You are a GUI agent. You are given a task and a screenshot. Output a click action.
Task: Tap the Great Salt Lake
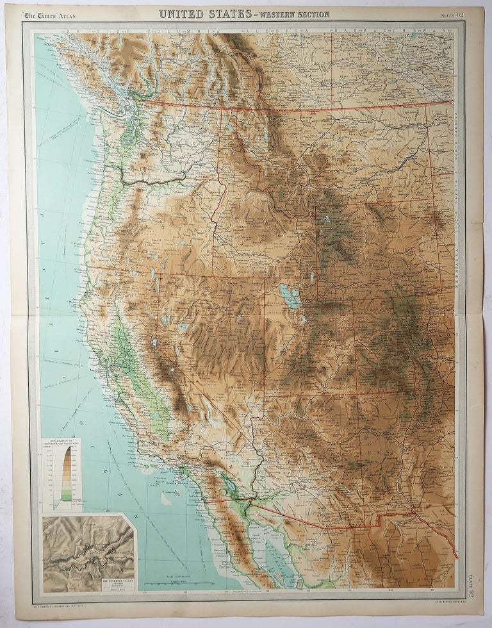coord(290,297)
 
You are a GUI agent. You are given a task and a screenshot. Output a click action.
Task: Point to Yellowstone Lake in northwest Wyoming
coord(327,219)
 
